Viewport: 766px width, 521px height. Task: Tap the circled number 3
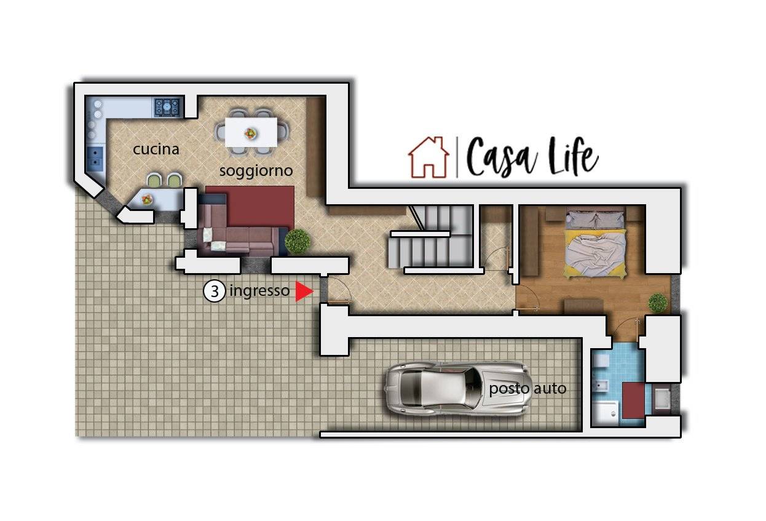click(215, 291)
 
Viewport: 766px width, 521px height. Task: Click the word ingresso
click(259, 292)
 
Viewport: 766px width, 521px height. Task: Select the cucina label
click(156, 149)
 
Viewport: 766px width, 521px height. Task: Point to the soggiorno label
click(256, 171)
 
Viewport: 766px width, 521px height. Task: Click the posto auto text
click(527, 389)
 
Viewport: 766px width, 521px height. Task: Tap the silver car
click(459, 389)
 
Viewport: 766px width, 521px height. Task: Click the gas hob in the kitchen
click(167, 107)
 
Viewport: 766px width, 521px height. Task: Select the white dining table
click(251, 132)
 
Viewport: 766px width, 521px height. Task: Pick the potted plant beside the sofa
click(298, 241)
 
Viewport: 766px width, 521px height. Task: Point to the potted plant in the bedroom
click(658, 303)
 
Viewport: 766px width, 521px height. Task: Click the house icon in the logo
click(428, 157)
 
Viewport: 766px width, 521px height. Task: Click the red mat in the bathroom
click(633, 400)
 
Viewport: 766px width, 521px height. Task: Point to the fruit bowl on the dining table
click(251, 133)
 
